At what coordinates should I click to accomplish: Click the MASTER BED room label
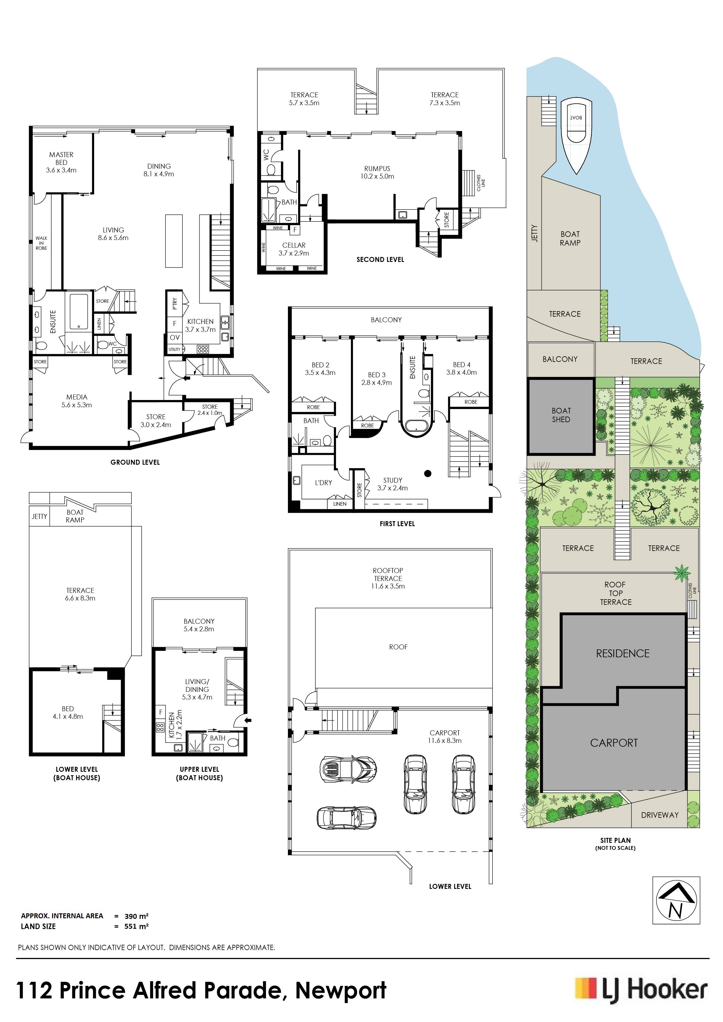61,158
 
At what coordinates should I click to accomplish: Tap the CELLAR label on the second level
294,245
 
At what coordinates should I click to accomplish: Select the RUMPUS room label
377,169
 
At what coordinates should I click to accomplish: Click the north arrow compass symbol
676,906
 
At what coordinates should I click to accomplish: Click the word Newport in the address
341,991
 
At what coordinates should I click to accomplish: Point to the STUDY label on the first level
393,480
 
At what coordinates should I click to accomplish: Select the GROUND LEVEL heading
135,462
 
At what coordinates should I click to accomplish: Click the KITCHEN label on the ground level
200,321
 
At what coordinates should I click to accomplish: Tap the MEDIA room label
77,397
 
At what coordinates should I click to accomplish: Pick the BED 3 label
377,375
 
